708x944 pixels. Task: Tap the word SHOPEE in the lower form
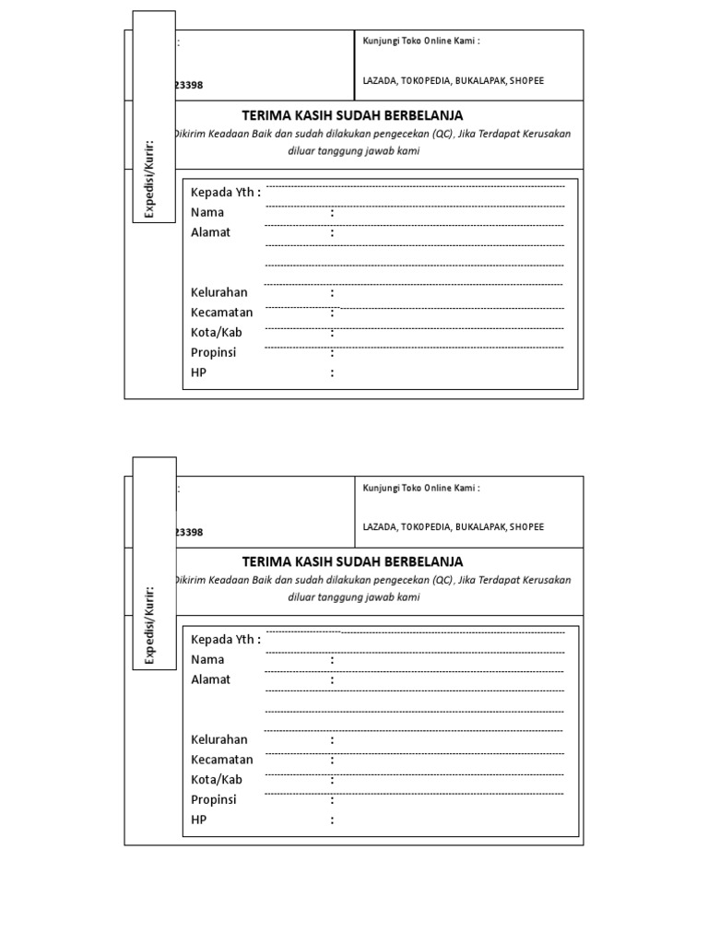tap(526, 527)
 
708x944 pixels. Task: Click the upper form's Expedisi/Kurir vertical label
tap(154, 180)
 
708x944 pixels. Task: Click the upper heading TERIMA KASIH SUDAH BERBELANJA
tap(352, 115)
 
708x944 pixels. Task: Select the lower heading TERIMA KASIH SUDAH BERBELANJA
tap(352, 561)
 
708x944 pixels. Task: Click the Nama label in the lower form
tap(207, 659)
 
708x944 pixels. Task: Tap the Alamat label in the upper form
tap(210, 232)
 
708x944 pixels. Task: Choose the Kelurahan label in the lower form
tap(219, 739)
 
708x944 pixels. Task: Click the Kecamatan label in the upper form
tap(221, 313)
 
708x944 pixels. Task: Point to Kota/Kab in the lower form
tap(217, 779)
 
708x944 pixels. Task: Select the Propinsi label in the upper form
tap(213, 352)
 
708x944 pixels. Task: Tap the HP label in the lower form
tap(198, 820)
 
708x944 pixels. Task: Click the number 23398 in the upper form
tap(189, 86)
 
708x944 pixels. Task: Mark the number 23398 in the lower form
tap(189, 533)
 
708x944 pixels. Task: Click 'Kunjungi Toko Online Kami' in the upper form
tap(420, 41)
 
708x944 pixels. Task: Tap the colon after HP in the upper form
tap(332, 373)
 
